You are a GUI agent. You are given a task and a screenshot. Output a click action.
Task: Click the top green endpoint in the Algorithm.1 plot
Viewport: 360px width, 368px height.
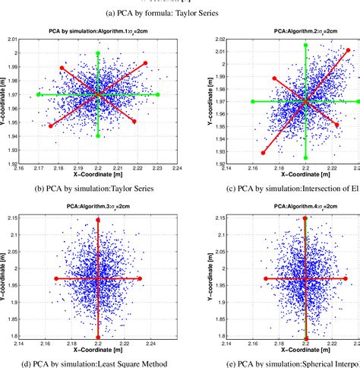pos(98,53)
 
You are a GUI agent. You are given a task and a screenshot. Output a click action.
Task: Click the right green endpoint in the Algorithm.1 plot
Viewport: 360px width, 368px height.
pos(157,94)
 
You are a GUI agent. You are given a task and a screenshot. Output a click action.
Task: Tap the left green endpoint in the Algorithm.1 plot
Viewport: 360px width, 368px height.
pos(39,94)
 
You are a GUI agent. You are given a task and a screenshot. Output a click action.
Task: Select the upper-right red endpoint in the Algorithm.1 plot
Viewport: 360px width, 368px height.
pos(145,63)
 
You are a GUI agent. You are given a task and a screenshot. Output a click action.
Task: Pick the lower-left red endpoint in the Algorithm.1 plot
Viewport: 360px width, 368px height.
pos(51,125)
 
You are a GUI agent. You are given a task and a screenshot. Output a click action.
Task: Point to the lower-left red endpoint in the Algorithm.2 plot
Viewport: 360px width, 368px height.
pos(263,153)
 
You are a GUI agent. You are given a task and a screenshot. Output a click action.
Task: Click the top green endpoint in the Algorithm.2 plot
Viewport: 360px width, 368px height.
pos(305,46)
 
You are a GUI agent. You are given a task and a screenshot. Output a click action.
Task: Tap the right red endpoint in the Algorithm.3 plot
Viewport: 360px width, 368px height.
pos(141,278)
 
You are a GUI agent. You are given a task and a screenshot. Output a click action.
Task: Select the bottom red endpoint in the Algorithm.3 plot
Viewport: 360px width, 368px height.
pos(98,337)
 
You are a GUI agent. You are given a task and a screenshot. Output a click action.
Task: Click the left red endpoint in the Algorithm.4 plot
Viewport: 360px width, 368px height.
pos(265,278)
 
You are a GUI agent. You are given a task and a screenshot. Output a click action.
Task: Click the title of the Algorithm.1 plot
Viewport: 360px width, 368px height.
pos(98,32)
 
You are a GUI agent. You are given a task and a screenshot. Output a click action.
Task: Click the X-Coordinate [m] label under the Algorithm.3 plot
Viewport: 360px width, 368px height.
pos(98,352)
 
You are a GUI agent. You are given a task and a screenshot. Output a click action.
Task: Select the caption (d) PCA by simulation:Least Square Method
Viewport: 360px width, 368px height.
pos(97,363)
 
